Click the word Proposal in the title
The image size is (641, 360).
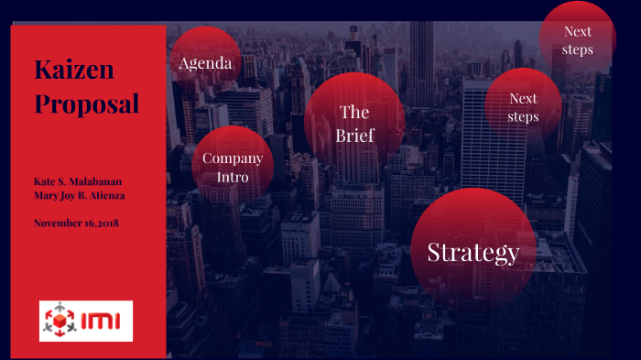click(87, 104)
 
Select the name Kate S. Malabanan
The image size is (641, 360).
click(78, 181)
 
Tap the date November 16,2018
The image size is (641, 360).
click(76, 223)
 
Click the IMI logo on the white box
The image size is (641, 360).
click(86, 321)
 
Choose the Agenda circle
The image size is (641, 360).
click(205, 60)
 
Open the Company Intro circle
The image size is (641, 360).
click(233, 167)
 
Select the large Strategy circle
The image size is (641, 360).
click(473, 248)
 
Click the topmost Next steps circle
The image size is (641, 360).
click(578, 38)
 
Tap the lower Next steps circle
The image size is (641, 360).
click(523, 106)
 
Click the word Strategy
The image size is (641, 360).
click(473, 253)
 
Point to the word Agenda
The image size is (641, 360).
click(205, 64)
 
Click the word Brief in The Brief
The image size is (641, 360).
click(354, 136)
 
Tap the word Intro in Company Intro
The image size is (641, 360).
click(233, 177)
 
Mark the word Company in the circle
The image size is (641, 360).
click(233, 158)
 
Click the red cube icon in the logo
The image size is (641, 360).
click(61, 322)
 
